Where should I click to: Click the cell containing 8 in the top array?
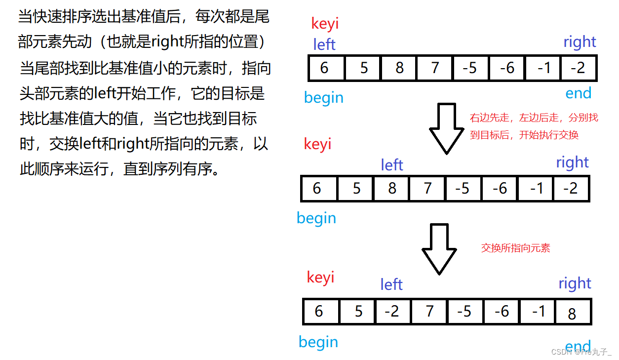point(399,68)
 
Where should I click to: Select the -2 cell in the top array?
point(578,68)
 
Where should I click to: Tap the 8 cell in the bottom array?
point(573,313)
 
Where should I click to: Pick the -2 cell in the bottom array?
point(392,311)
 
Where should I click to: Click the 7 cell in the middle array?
point(427,188)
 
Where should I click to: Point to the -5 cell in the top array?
point(470,68)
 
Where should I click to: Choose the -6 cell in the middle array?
point(500,188)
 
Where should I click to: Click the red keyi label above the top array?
point(325,23)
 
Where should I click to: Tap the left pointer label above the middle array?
point(392,165)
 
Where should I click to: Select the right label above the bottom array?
point(575,283)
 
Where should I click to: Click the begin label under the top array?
point(323,97)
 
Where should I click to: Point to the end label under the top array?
point(578,93)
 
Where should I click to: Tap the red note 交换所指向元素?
point(515,248)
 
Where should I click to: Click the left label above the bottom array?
point(391,284)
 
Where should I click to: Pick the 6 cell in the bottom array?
point(319,311)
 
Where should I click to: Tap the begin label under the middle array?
point(316,218)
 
